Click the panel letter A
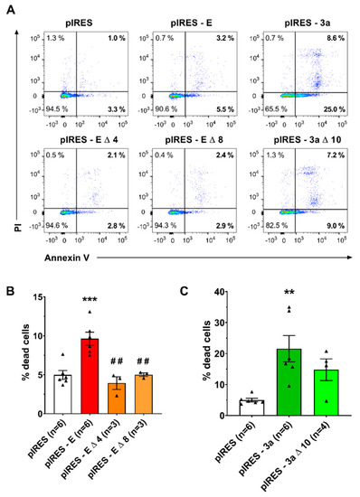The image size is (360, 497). pyautogui.click(x=7, y=7)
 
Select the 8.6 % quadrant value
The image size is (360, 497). pyautogui.click(x=333, y=37)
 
